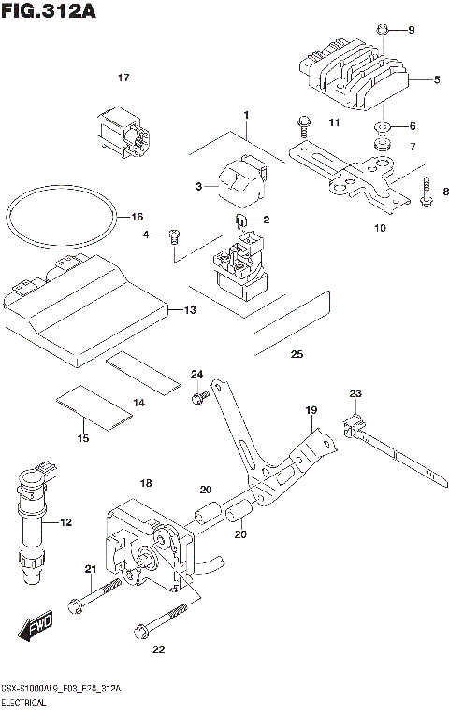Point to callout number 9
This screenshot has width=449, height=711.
[x=409, y=31]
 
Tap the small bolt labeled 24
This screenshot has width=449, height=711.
[x=198, y=399]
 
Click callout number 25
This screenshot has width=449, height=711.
[x=297, y=354]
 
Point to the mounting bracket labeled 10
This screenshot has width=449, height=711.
[x=346, y=178]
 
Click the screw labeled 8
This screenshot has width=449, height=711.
[x=427, y=191]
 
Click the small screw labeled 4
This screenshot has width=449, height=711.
[x=174, y=239]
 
